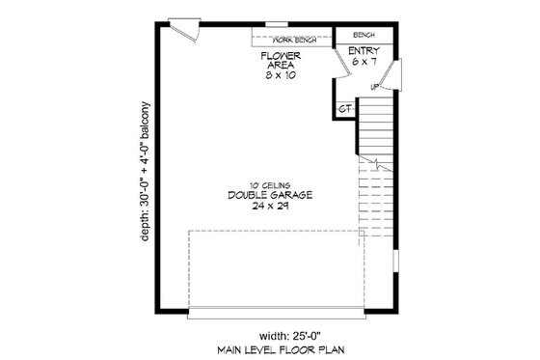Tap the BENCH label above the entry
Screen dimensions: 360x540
click(364, 33)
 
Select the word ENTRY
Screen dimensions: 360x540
click(364, 50)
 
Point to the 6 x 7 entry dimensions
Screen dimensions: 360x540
click(364, 62)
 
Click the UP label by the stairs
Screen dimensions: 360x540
click(374, 88)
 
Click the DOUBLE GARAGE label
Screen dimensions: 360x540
click(269, 196)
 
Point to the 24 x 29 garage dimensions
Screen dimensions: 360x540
click(269, 207)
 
